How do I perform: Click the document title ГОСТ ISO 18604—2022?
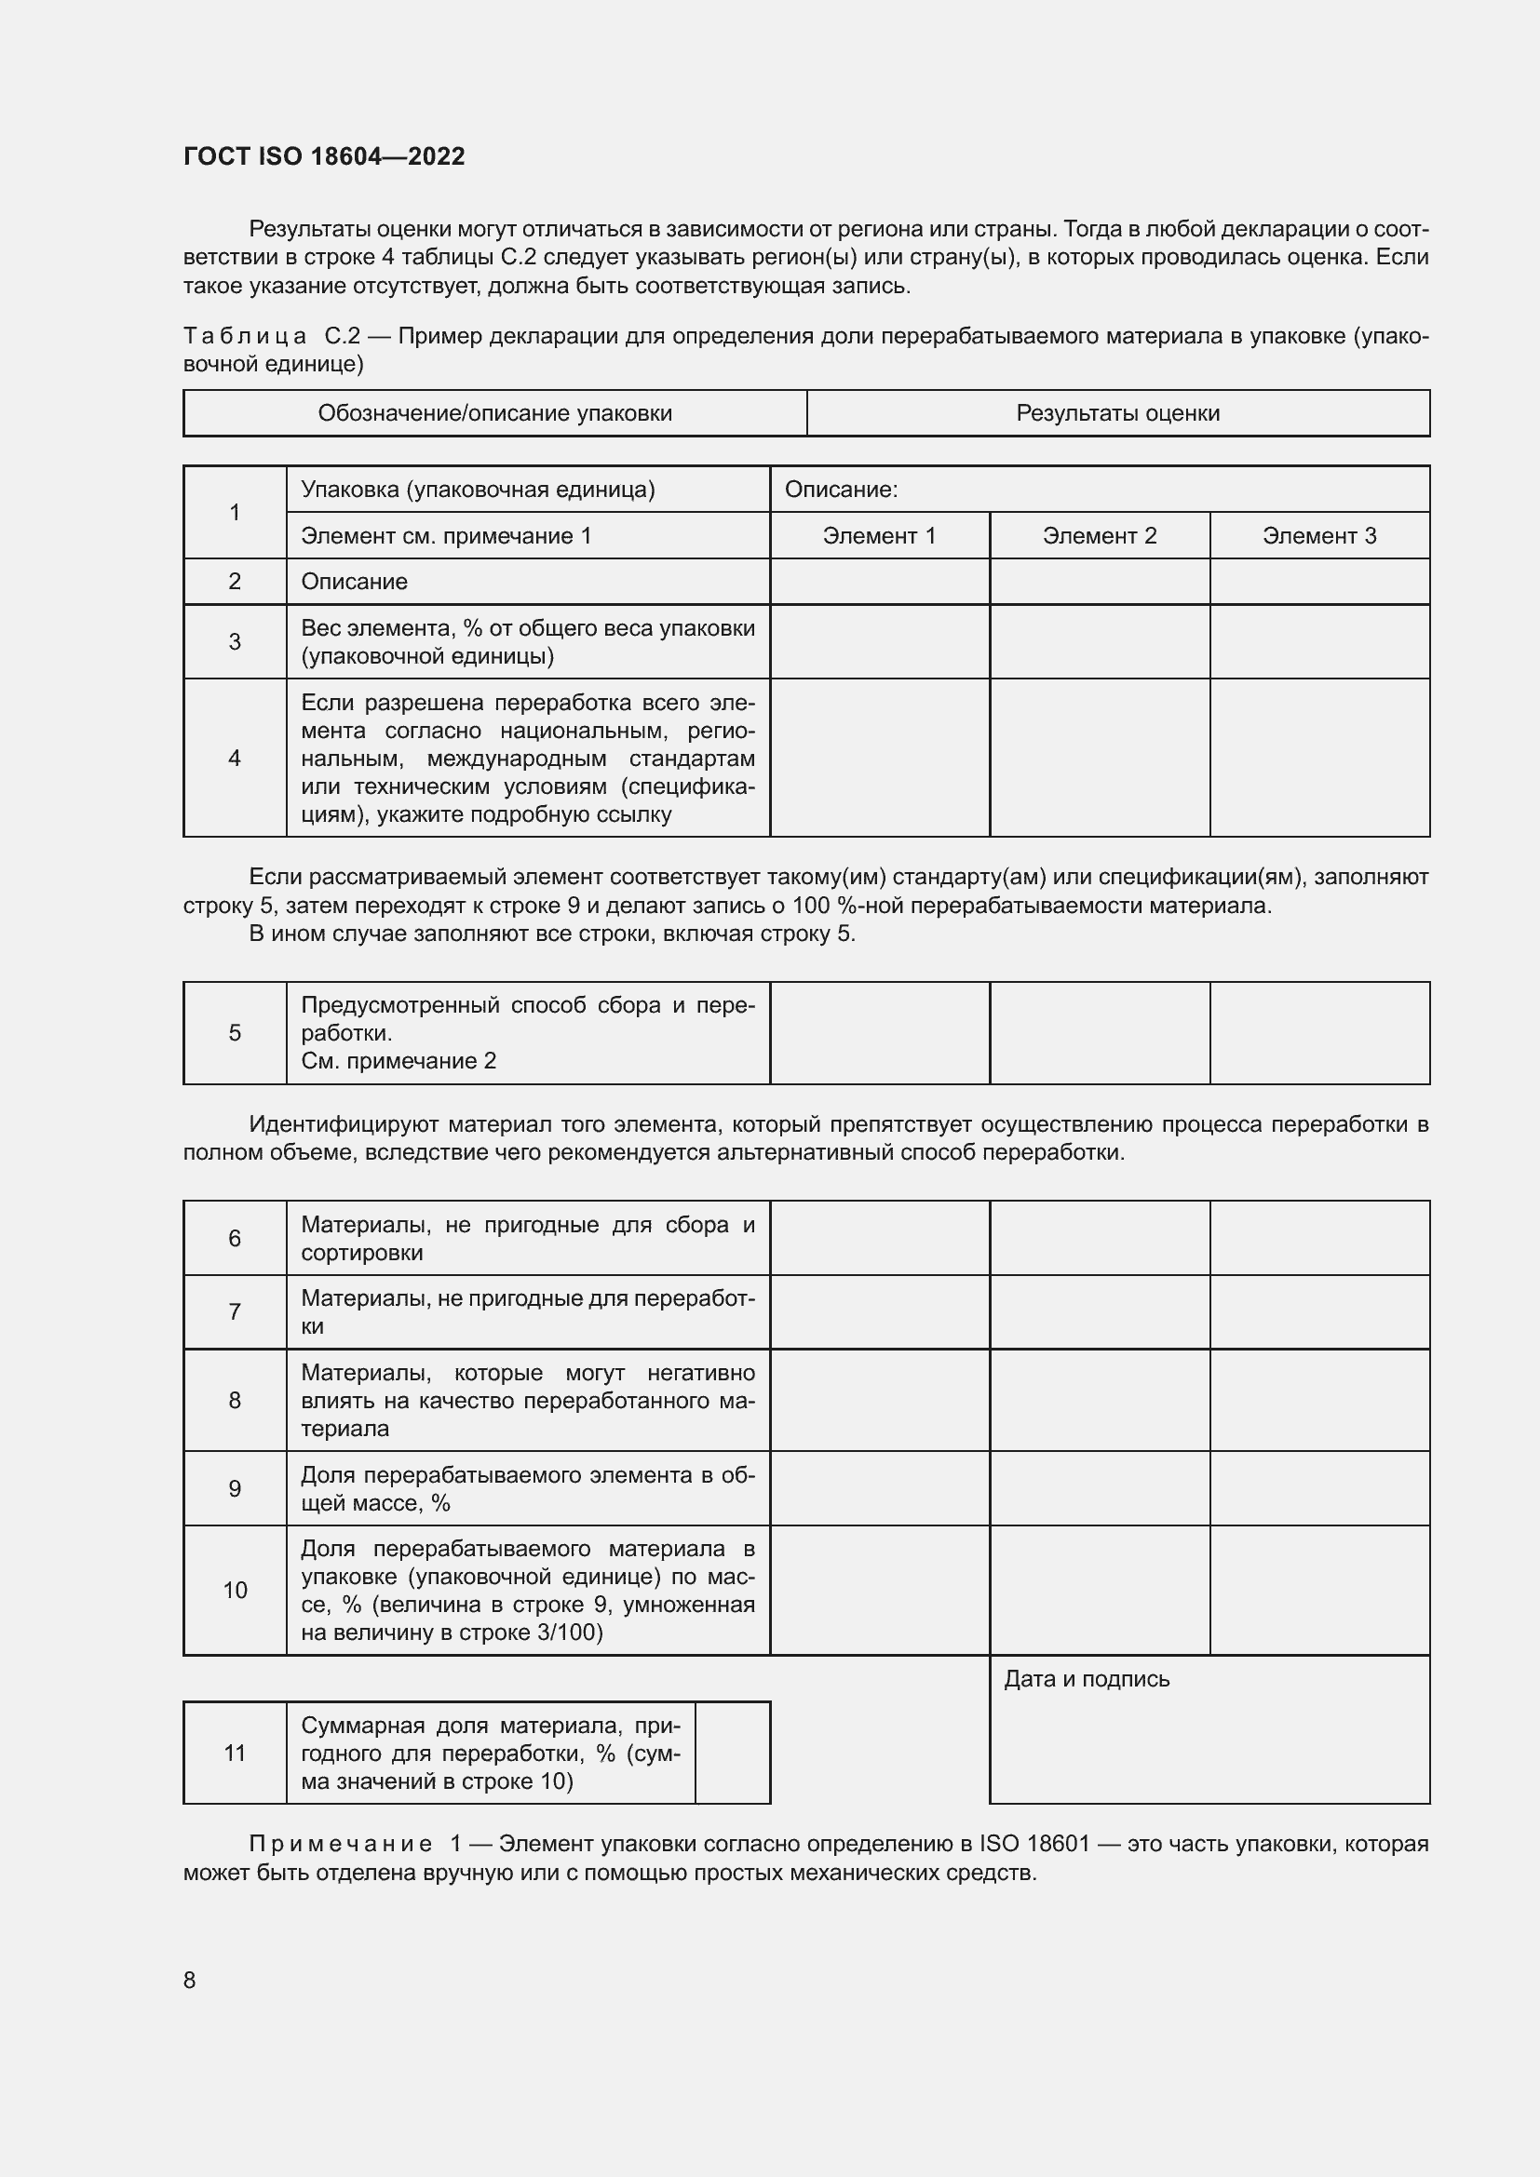point(323,156)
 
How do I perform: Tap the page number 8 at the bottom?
point(190,1980)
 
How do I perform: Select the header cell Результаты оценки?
point(1117,413)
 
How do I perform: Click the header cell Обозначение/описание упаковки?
point(494,413)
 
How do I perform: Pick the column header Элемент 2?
point(1099,536)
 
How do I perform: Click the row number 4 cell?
point(235,758)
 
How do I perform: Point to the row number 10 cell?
point(235,1590)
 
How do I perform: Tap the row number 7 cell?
point(235,1311)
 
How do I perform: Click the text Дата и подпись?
point(1086,1679)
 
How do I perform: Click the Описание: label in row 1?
point(840,490)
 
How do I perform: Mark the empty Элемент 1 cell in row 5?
point(879,1032)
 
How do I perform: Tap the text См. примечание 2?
point(399,1061)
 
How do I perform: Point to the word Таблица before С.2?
point(245,337)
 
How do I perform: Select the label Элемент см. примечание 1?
point(446,536)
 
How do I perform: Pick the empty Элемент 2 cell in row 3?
point(1099,641)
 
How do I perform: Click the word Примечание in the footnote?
point(341,1844)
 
